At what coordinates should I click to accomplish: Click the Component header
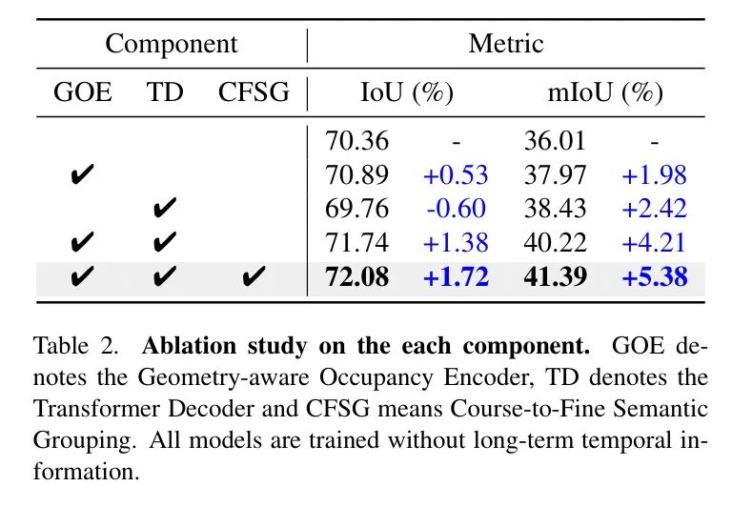click(171, 44)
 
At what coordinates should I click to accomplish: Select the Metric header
click(505, 44)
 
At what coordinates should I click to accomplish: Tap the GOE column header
click(82, 93)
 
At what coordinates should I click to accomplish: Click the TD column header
click(165, 93)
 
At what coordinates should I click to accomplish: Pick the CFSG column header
click(254, 93)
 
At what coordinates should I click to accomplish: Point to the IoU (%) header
click(406, 93)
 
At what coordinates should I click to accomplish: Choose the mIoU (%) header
click(604, 93)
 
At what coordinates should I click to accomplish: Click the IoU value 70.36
click(357, 141)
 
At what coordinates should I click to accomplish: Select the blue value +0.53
click(456, 175)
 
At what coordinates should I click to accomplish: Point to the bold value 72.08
click(357, 278)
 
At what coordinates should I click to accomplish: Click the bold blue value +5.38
click(654, 278)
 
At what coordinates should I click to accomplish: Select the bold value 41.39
click(556, 278)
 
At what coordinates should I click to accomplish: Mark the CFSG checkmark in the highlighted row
click(254, 278)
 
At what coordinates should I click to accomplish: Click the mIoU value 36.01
click(556, 141)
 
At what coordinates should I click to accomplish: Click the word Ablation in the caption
click(177, 345)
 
